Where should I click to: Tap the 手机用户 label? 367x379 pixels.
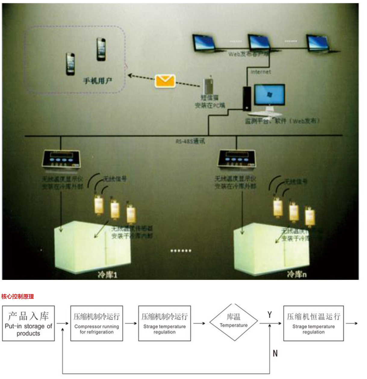pos(97,81)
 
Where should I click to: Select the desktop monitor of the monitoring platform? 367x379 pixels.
pos(269,95)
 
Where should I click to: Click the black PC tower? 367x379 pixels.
pos(247,98)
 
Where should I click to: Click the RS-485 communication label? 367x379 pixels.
pos(190,141)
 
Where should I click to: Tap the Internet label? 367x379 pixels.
pos(261,72)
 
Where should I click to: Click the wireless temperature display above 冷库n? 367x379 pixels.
pos(237,158)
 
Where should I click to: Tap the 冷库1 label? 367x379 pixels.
pos(107,274)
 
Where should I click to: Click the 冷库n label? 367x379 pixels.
pos(297,274)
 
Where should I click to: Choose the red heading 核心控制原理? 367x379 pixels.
pos(17,296)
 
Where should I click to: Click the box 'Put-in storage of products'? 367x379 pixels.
pos(28,324)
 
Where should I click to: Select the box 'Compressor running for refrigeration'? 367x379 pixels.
pos(97,324)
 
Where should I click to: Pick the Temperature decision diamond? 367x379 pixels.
pos(234,323)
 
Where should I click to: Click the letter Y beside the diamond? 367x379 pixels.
pos(269,315)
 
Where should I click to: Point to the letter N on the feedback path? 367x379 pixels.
pos(275,353)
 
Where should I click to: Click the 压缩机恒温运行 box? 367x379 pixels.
pos(313,324)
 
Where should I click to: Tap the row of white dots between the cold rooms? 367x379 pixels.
pos(181,251)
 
